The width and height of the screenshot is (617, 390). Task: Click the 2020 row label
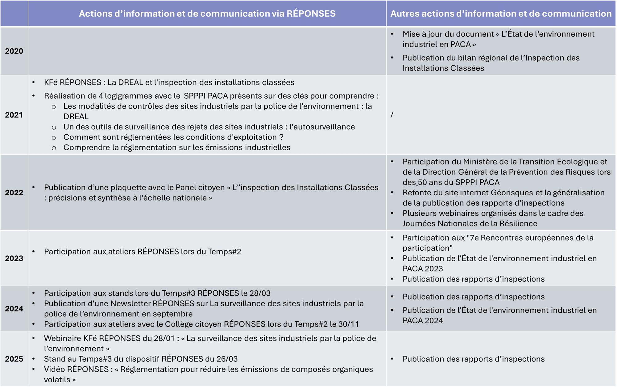[x=14, y=51]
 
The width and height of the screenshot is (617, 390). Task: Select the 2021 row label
[x=14, y=115]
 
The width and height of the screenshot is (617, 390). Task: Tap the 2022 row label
[x=14, y=193]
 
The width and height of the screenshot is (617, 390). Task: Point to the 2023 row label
[x=14, y=258]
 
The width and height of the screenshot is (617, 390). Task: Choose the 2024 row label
[x=14, y=309]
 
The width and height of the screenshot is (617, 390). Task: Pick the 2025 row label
[x=14, y=359]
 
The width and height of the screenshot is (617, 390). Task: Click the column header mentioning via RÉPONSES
[x=207, y=14]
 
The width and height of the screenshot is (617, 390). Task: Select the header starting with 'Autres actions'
[x=501, y=14]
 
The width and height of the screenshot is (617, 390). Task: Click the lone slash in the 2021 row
[x=392, y=115]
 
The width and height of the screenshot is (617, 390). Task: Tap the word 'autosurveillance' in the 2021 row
[x=322, y=127]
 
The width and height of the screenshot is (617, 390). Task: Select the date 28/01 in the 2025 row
[x=164, y=338]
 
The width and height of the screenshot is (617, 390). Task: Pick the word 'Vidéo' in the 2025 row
[x=55, y=369]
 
